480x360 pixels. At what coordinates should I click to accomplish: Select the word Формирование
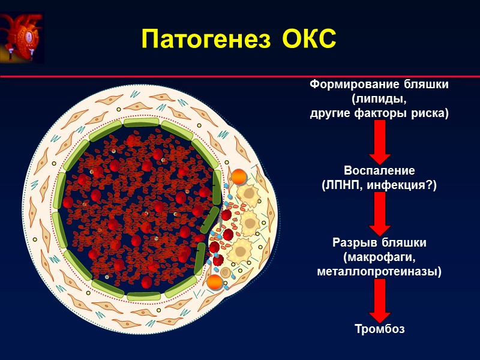click(x=345, y=85)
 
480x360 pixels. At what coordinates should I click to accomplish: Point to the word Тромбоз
click(x=379, y=329)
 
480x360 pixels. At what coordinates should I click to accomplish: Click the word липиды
click(x=379, y=99)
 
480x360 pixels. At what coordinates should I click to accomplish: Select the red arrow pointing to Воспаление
click(x=379, y=142)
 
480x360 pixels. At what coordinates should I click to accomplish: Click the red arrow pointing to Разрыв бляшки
click(x=379, y=214)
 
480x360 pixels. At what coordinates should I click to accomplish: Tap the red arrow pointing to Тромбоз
click(x=379, y=300)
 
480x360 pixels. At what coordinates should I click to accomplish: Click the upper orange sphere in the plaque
click(x=238, y=176)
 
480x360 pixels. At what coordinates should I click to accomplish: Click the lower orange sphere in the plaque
click(x=214, y=281)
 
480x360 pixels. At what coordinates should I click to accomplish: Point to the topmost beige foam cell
click(x=247, y=193)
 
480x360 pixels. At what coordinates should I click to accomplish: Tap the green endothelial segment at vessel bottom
click(x=143, y=296)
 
